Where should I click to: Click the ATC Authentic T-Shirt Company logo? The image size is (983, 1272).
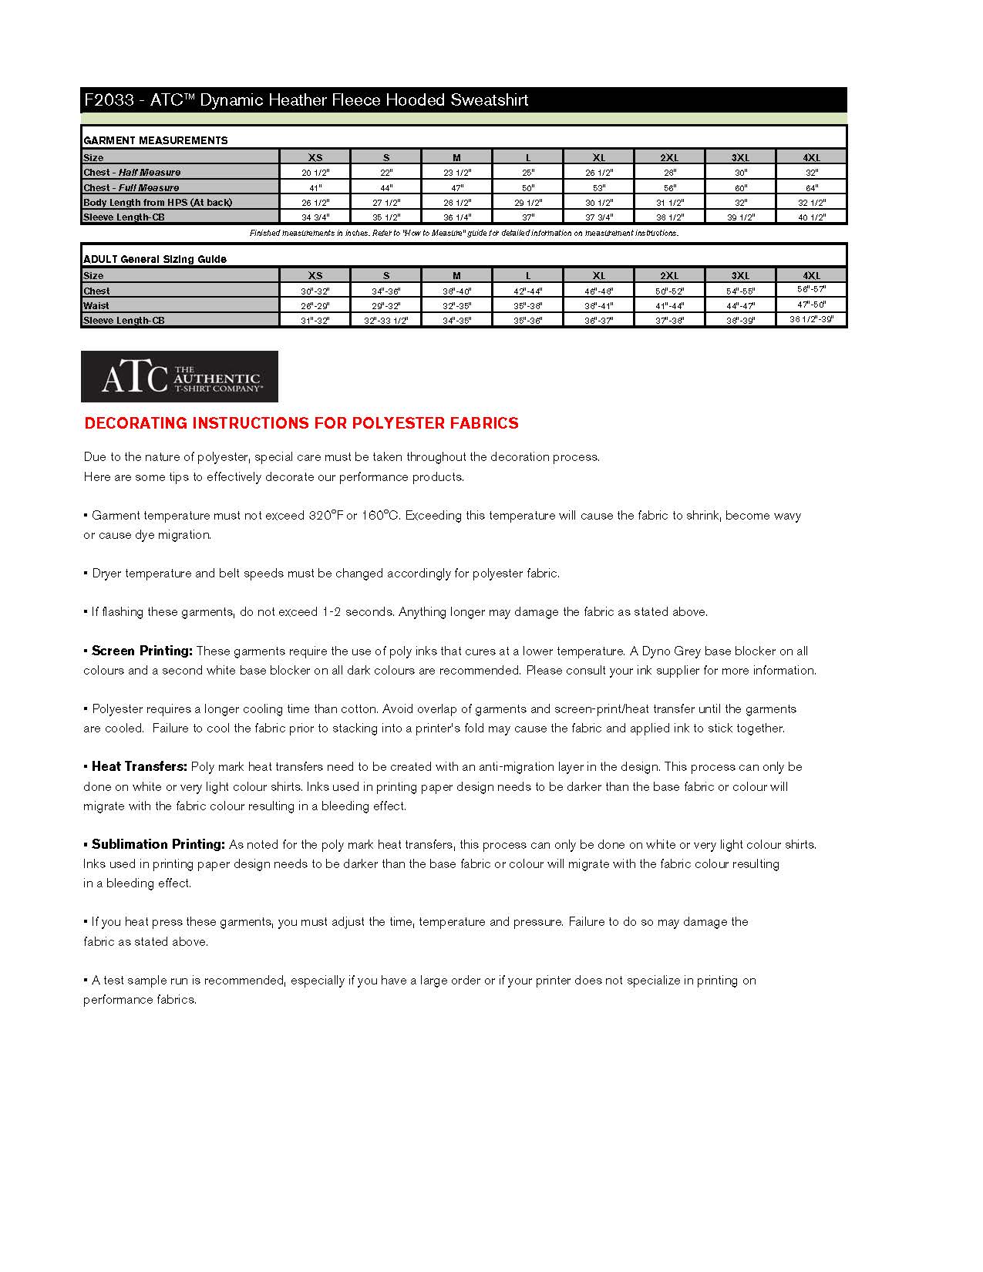coord(179,376)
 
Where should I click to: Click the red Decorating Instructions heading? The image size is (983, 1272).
coord(301,423)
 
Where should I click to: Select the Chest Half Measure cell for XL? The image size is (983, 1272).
coord(598,173)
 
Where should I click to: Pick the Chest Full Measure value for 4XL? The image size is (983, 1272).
coord(811,187)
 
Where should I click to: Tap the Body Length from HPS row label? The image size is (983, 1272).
coord(157,202)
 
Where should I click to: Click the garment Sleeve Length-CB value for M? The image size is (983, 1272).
coord(456,217)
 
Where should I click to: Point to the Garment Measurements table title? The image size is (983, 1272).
coord(155,140)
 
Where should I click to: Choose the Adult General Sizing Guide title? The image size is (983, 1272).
coord(154,259)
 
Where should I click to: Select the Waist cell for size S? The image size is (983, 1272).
coord(385,306)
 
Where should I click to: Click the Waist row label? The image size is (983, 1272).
coord(96,306)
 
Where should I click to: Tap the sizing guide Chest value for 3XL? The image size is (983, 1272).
coord(740,291)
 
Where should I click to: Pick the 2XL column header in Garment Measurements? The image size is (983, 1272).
coord(669,157)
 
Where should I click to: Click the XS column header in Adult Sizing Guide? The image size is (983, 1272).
coord(315,275)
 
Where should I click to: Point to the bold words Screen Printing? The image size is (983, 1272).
coord(142,651)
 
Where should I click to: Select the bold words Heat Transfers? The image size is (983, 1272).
coord(139,766)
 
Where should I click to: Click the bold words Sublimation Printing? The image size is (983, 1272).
coord(158,844)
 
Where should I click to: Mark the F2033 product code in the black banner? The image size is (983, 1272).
coord(109,100)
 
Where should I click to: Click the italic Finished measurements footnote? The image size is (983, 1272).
coord(463,233)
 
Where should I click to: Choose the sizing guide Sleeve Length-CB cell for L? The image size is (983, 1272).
coord(527,321)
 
